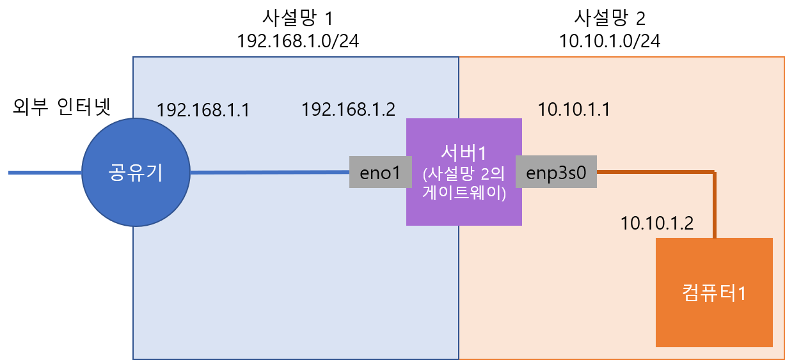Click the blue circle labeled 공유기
136,192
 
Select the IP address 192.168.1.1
203,110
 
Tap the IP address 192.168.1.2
348,110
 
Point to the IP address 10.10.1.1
573,110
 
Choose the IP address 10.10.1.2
657,224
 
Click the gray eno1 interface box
380,172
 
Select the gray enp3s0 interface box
556,172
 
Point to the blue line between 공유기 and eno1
269,172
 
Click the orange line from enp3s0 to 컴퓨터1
653,171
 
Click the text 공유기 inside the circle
136,173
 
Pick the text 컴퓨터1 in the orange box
714,293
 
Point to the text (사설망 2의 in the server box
464,174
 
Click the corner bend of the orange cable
714,172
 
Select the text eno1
380,172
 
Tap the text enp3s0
556,172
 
